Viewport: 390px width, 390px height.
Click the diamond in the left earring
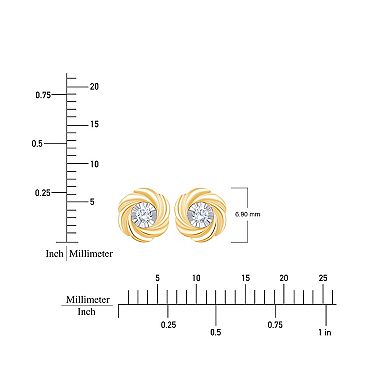pyautogui.click(x=145, y=213)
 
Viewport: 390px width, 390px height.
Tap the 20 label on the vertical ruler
pyautogui.click(x=94, y=86)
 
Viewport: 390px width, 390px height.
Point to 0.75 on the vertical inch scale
pyautogui.click(x=43, y=95)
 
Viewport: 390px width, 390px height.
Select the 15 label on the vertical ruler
pyautogui.click(x=94, y=125)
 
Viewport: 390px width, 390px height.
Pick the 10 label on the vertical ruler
pyautogui.click(x=94, y=164)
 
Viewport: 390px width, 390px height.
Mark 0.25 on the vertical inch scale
pyautogui.click(x=43, y=193)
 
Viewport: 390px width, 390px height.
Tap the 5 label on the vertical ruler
pyautogui.click(x=91, y=202)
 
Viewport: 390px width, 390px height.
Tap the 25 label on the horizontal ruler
pyautogui.click(x=321, y=277)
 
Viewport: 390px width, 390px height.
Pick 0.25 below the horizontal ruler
pyautogui.click(x=168, y=325)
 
